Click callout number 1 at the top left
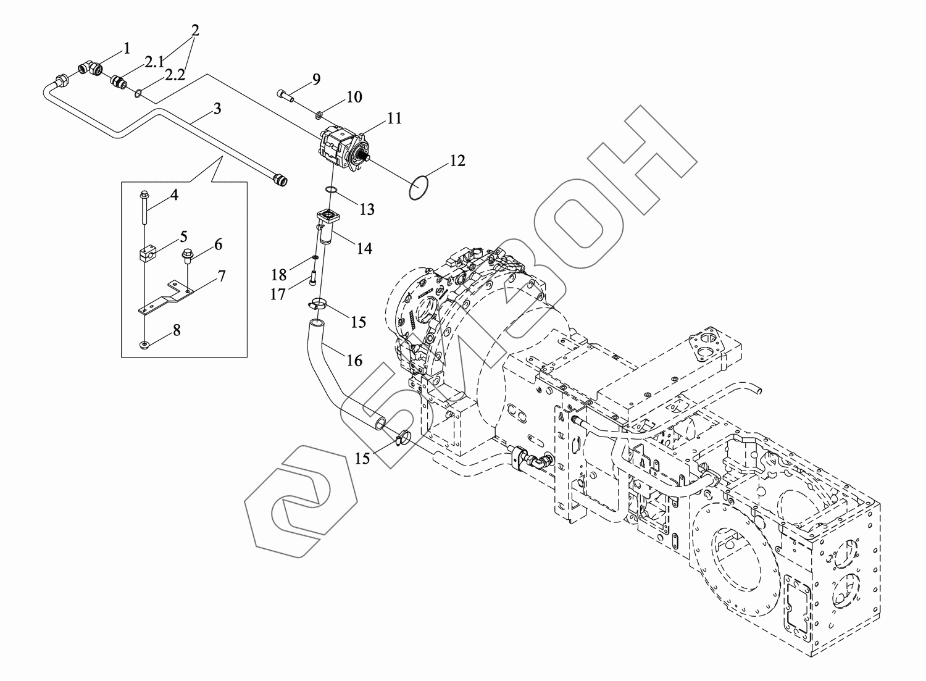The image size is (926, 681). pos(127,48)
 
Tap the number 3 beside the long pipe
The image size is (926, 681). pos(217,109)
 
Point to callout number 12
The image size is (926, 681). pos(457,161)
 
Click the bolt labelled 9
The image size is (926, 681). pos(286,94)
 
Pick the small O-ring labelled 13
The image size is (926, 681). pos(332,190)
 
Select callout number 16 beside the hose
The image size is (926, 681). pos(354,360)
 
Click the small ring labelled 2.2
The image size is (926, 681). pos(140,94)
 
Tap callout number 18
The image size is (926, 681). pos(280,274)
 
